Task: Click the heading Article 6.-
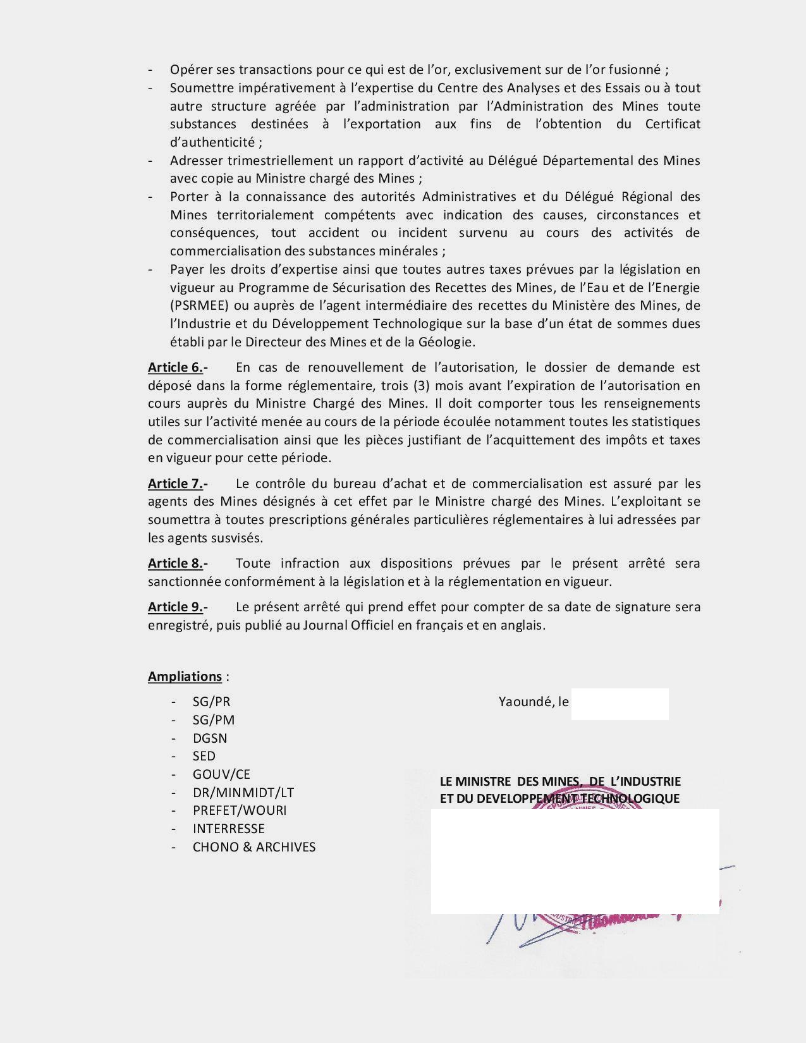(178, 367)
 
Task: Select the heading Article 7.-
(178, 484)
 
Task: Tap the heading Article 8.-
(178, 563)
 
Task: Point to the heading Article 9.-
(178, 607)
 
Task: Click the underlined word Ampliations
(185, 676)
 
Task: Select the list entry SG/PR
(211, 702)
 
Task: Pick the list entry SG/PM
(214, 720)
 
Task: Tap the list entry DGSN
(210, 738)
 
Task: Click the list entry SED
(204, 756)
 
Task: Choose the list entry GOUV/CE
(221, 774)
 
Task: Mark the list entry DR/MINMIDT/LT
(243, 793)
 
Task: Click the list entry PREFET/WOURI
(240, 810)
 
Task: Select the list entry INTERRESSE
(229, 829)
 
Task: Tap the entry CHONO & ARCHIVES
(254, 847)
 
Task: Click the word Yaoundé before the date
(525, 702)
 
